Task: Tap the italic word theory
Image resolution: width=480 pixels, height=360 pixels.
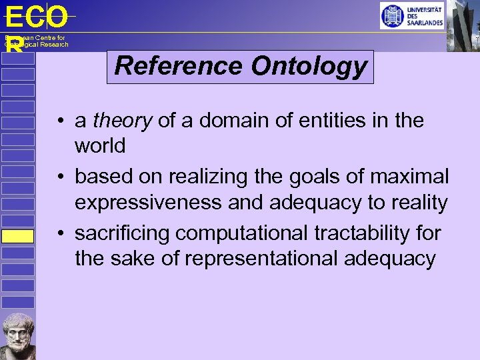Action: pyautogui.click(x=123, y=121)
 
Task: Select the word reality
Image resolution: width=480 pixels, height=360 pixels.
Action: pyautogui.click(x=417, y=202)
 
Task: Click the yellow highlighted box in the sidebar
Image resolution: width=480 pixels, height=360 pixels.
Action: pyautogui.click(x=17, y=237)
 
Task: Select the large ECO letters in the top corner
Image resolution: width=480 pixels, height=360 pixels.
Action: pyautogui.click(x=36, y=17)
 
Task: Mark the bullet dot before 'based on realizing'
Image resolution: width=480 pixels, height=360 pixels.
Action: pyautogui.click(x=61, y=178)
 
